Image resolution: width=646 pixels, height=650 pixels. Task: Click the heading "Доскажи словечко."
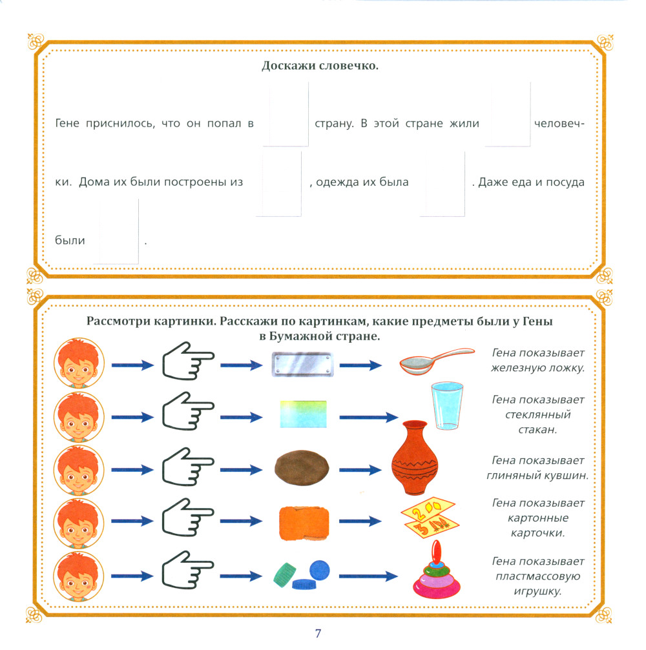319,66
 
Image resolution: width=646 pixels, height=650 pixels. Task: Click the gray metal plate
301,363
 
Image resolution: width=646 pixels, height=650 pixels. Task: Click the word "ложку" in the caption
565,368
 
